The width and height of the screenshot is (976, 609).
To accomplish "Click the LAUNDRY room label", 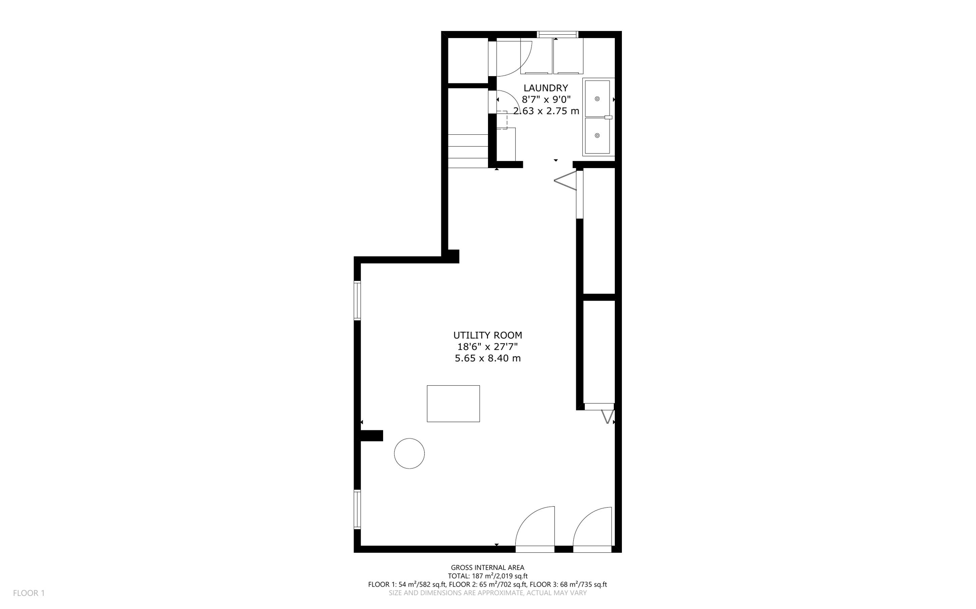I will pyautogui.click(x=546, y=88).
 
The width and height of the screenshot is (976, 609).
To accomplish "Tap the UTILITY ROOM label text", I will pyautogui.click(x=488, y=335).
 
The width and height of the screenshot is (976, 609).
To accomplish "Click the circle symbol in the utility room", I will pyautogui.click(x=409, y=453).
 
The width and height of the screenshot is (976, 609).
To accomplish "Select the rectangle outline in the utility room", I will pyautogui.click(x=453, y=404).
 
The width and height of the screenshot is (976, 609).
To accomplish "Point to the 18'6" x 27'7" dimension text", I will pyautogui.click(x=488, y=347).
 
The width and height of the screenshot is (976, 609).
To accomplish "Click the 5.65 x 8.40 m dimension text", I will pyautogui.click(x=488, y=358).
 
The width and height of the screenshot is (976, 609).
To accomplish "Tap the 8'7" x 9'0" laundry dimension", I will pyautogui.click(x=546, y=100).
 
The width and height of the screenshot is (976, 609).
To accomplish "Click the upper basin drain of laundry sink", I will pyautogui.click(x=597, y=99).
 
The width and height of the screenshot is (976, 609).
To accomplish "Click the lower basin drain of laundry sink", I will pyautogui.click(x=597, y=136).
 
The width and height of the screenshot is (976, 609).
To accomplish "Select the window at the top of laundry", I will pyautogui.click(x=558, y=34).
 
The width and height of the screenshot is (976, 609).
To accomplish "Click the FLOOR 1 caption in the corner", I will pyautogui.click(x=29, y=593).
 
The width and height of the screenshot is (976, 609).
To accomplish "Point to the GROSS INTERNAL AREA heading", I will pyautogui.click(x=488, y=568).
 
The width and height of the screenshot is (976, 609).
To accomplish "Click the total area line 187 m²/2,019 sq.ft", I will pyautogui.click(x=488, y=576).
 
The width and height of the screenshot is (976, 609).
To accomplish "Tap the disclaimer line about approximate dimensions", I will pyautogui.click(x=488, y=593).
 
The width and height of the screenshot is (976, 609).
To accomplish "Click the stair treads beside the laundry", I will pyautogui.click(x=468, y=150).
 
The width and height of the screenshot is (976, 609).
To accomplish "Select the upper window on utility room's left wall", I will pyautogui.click(x=357, y=300).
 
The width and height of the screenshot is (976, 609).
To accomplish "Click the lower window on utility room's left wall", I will pyautogui.click(x=357, y=509).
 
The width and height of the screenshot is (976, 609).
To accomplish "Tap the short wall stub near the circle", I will pyautogui.click(x=371, y=436).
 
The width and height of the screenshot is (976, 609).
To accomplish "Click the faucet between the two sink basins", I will pyautogui.click(x=608, y=117).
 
